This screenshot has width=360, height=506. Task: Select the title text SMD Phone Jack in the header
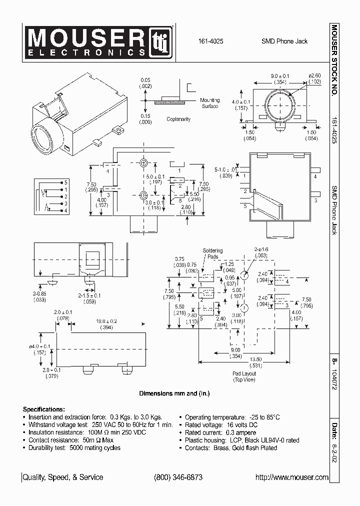click(284, 41)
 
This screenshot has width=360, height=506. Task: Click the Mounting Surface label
click(209, 103)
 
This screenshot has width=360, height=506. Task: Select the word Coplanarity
click(178, 119)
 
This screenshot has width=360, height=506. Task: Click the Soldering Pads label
click(212, 253)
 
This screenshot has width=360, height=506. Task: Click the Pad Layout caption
click(244, 376)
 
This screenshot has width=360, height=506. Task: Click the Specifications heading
click(44, 408)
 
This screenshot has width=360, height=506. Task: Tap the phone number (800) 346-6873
click(178, 477)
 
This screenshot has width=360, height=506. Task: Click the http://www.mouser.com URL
click(291, 477)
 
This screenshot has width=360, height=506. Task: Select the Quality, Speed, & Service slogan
click(63, 477)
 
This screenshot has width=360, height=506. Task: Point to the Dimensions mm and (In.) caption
click(174, 393)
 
